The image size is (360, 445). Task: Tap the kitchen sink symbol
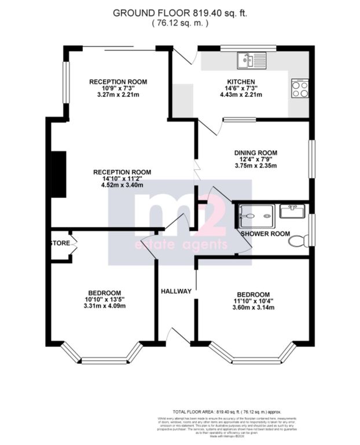point(251,60)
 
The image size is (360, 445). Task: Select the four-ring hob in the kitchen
point(300,88)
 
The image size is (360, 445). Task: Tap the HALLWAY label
point(176,291)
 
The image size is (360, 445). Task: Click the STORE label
point(60,243)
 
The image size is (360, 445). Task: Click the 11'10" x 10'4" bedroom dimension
point(253,300)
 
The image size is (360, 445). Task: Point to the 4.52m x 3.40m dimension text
point(122,186)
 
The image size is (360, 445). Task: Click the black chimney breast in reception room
point(58,174)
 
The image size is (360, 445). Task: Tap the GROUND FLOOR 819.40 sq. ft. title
point(179,12)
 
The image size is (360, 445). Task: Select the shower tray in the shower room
point(255,215)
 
